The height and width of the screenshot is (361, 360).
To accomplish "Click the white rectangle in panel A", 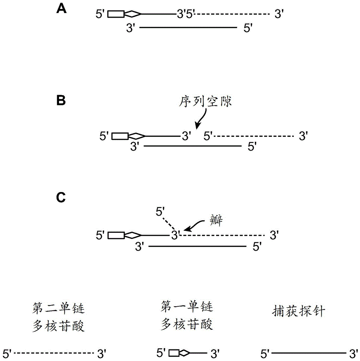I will pyautogui.click(x=117, y=14).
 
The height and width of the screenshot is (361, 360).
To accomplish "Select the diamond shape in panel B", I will pyautogui.click(x=137, y=136).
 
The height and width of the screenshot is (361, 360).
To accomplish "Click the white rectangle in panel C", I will pyautogui.click(x=117, y=235).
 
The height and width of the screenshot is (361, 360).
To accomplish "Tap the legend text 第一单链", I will pyautogui.click(x=187, y=308).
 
